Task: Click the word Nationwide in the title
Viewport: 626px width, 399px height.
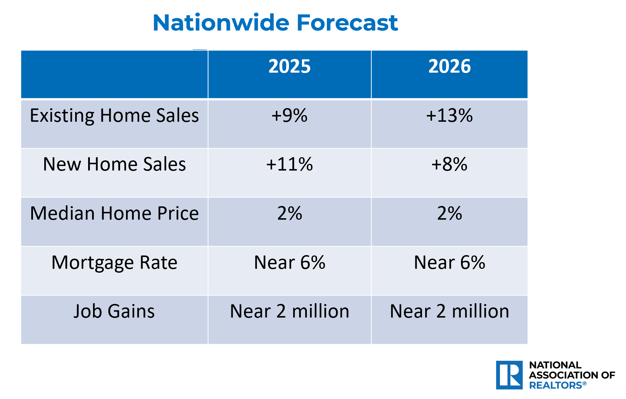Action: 221,23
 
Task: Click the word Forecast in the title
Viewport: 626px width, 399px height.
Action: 347,23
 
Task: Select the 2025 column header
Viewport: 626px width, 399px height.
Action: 290,66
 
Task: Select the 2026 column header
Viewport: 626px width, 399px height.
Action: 449,66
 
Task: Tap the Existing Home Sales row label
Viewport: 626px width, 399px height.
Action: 114,116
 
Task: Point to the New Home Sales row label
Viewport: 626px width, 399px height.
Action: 114,164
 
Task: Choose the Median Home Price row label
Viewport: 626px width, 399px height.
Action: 114,213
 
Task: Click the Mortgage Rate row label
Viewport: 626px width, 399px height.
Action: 114,263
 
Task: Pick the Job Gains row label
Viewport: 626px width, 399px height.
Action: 114,311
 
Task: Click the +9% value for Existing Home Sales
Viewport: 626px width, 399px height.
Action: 290,115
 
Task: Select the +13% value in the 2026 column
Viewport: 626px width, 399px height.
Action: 449,115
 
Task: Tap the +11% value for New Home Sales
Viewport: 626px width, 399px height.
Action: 290,164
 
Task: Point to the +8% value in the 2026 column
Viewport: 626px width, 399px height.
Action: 449,164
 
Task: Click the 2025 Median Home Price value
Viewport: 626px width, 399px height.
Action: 290,213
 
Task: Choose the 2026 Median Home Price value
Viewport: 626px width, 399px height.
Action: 449,213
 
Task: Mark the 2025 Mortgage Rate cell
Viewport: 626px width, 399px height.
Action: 290,262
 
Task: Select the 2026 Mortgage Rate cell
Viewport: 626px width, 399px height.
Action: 449,262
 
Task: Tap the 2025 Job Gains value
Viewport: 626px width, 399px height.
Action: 290,311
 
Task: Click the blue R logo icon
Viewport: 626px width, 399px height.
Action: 509,375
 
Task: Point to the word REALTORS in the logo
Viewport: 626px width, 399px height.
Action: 555,385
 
